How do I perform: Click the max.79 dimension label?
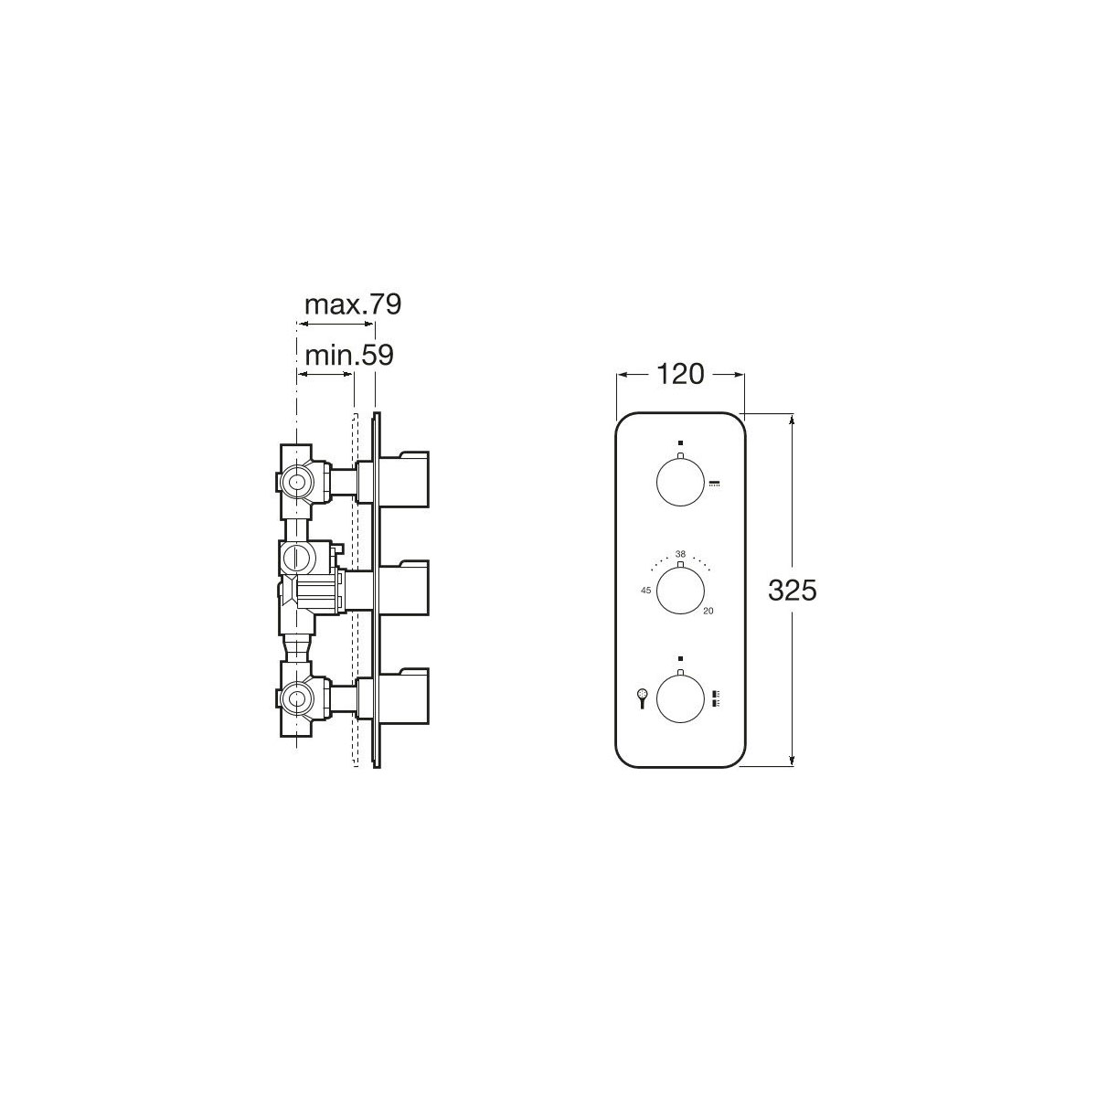[353, 305]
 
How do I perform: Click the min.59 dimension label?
[349, 356]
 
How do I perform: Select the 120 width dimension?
[681, 374]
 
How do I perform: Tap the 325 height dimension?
[793, 591]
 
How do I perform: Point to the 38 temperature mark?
[680, 553]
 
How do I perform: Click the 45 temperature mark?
[645, 591]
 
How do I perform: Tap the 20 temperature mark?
[708, 612]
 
